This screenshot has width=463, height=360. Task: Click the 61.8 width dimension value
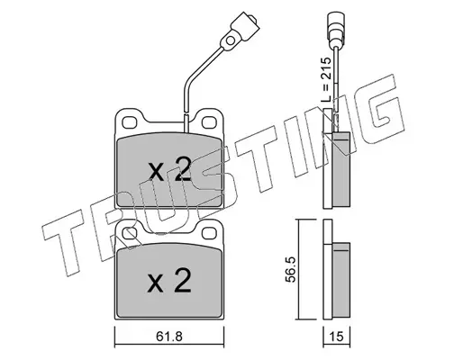169,337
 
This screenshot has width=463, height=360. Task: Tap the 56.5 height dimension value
291,269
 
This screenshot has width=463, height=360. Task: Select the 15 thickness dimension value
336,337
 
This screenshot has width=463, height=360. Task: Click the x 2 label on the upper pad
169,170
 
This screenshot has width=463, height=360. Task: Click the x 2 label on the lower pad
169,281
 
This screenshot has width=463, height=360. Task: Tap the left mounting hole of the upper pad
129,122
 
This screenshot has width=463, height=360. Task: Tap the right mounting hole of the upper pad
208,122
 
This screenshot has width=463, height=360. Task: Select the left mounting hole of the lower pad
129,233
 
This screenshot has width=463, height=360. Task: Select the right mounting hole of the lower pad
208,233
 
